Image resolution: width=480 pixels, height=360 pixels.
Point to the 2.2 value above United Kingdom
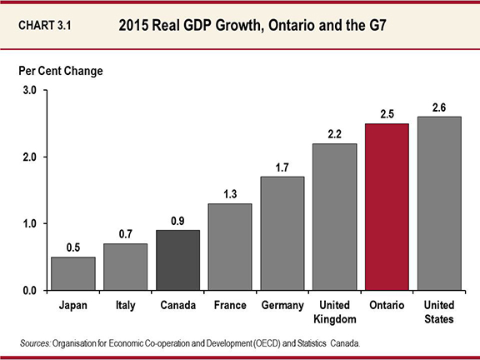coord(333,134)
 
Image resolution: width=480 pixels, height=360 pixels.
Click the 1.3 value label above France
coord(229,194)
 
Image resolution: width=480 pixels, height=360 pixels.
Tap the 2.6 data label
coord(438,107)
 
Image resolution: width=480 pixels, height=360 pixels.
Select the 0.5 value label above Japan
coord(72,247)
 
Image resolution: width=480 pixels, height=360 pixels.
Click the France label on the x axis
coord(229,305)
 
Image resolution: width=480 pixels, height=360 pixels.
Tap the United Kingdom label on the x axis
coord(333,311)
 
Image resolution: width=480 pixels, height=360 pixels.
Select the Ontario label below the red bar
coord(386,305)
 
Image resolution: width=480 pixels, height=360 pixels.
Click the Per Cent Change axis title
coord(62,71)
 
